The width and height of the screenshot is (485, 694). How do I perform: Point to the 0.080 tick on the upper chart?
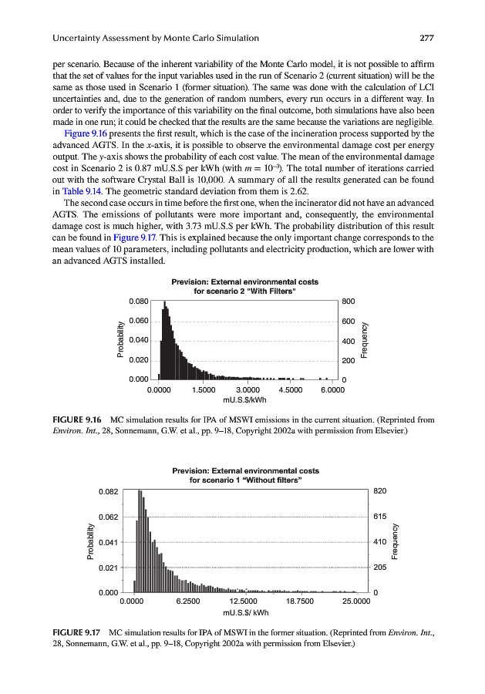point(138,301)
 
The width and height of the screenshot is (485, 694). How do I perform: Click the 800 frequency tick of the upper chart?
point(348,301)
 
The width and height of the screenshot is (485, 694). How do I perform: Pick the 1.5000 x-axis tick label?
point(203,390)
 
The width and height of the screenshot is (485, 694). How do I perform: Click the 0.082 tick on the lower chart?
point(108,491)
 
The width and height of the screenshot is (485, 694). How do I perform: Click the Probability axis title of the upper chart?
point(120,340)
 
